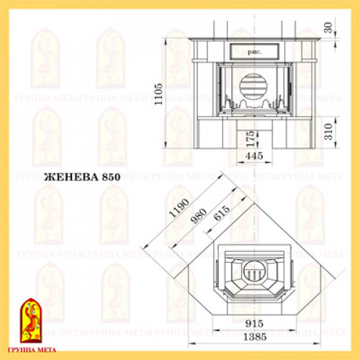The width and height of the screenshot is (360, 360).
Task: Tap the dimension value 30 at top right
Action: [329, 28]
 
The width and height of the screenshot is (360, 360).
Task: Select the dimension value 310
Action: [329, 132]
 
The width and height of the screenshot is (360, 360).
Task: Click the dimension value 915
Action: [251, 325]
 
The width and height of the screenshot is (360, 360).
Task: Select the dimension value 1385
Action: [251, 338]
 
